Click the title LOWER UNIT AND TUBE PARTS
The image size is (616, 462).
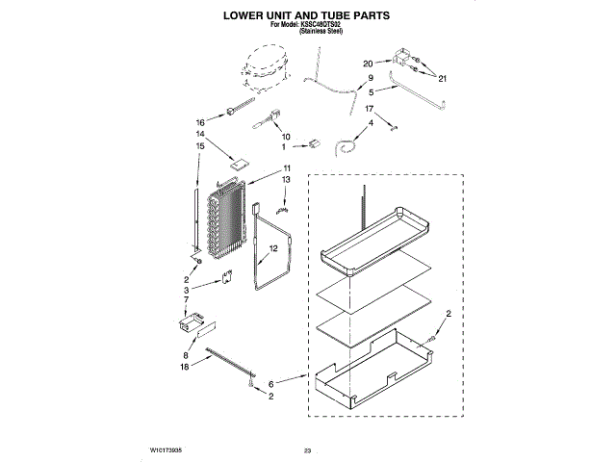tap(307, 16)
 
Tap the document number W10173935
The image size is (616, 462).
tap(167, 449)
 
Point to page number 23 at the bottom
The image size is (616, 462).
tap(308, 449)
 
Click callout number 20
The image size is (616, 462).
tap(367, 64)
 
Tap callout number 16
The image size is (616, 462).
tap(201, 122)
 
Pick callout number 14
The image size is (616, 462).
tap(201, 135)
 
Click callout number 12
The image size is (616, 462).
tap(272, 248)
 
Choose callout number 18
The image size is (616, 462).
tap(185, 367)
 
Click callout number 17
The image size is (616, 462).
tap(367, 109)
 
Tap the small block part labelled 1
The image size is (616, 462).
tap(311, 145)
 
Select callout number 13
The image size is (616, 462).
tap(286, 180)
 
